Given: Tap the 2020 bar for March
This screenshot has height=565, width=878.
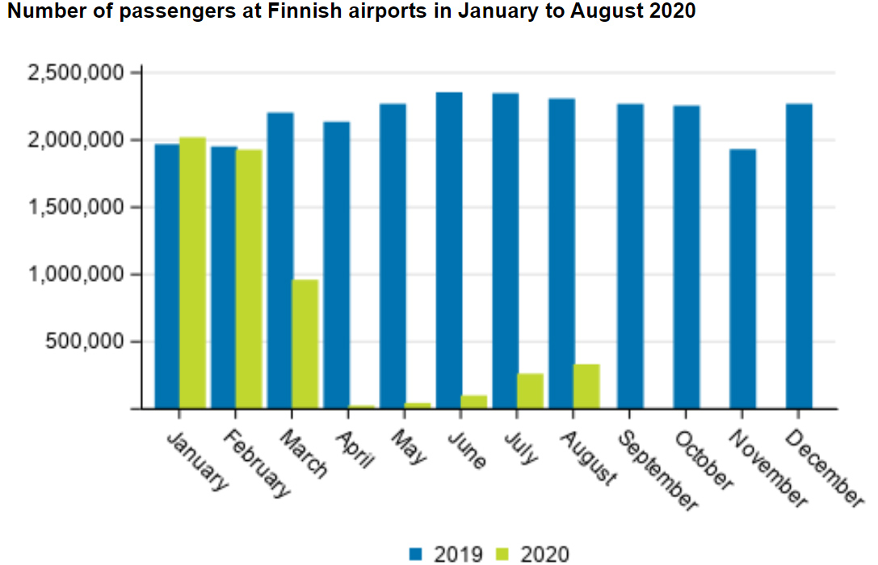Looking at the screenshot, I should tap(305, 344).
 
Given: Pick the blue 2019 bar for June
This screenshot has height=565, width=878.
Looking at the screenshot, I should tap(449, 250).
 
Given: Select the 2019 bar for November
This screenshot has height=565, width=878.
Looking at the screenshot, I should tap(742, 278).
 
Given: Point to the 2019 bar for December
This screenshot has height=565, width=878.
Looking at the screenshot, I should tap(799, 256).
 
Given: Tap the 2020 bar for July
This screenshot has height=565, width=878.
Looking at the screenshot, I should tap(530, 391).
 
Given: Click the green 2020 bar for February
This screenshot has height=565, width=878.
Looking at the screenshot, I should tap(249, 278).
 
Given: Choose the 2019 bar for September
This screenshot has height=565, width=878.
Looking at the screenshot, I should tap(630, 256).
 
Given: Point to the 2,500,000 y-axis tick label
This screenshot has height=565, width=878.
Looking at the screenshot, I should tap(75, 73).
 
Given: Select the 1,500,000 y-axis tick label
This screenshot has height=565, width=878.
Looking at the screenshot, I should tap(75, 207).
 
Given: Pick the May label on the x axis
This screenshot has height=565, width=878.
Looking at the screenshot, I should tap(410, 446).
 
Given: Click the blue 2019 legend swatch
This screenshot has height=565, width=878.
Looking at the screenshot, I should tap(417, 554).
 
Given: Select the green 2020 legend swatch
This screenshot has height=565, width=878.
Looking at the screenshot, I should tap(502, 554).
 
